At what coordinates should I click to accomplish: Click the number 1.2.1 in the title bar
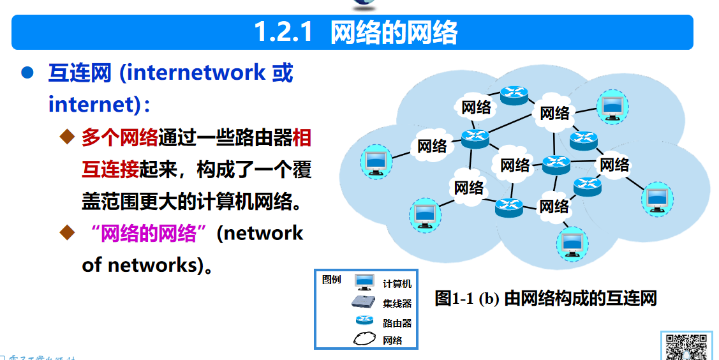point(283,32)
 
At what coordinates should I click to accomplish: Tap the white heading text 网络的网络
point(394,32)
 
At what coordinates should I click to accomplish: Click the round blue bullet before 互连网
point(27,73)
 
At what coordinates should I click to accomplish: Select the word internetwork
point(193,73)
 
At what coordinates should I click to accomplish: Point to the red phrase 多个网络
point(120,137)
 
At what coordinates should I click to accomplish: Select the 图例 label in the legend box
point(332,279)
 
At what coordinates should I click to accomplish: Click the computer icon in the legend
point(364,282)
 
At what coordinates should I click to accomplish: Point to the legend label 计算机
point(397,283)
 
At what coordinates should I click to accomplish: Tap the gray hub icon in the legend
point(364,303)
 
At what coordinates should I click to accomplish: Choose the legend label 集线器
point(397,303)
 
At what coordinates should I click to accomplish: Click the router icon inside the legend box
point(364,321)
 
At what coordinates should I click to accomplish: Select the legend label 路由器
point(397,323)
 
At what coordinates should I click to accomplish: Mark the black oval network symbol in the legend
point(365,339)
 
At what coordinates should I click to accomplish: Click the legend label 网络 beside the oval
point(392,340)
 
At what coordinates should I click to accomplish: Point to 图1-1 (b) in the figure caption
point(467,298)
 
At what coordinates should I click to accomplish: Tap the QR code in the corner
point(686,346)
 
